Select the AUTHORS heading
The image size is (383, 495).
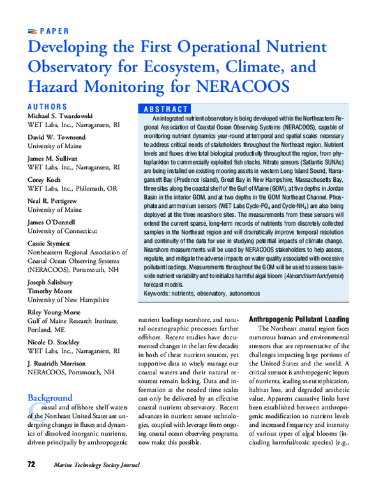[48, 107]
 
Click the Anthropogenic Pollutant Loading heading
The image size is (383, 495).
[298, 319]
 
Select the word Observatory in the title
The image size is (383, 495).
[69, 66]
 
